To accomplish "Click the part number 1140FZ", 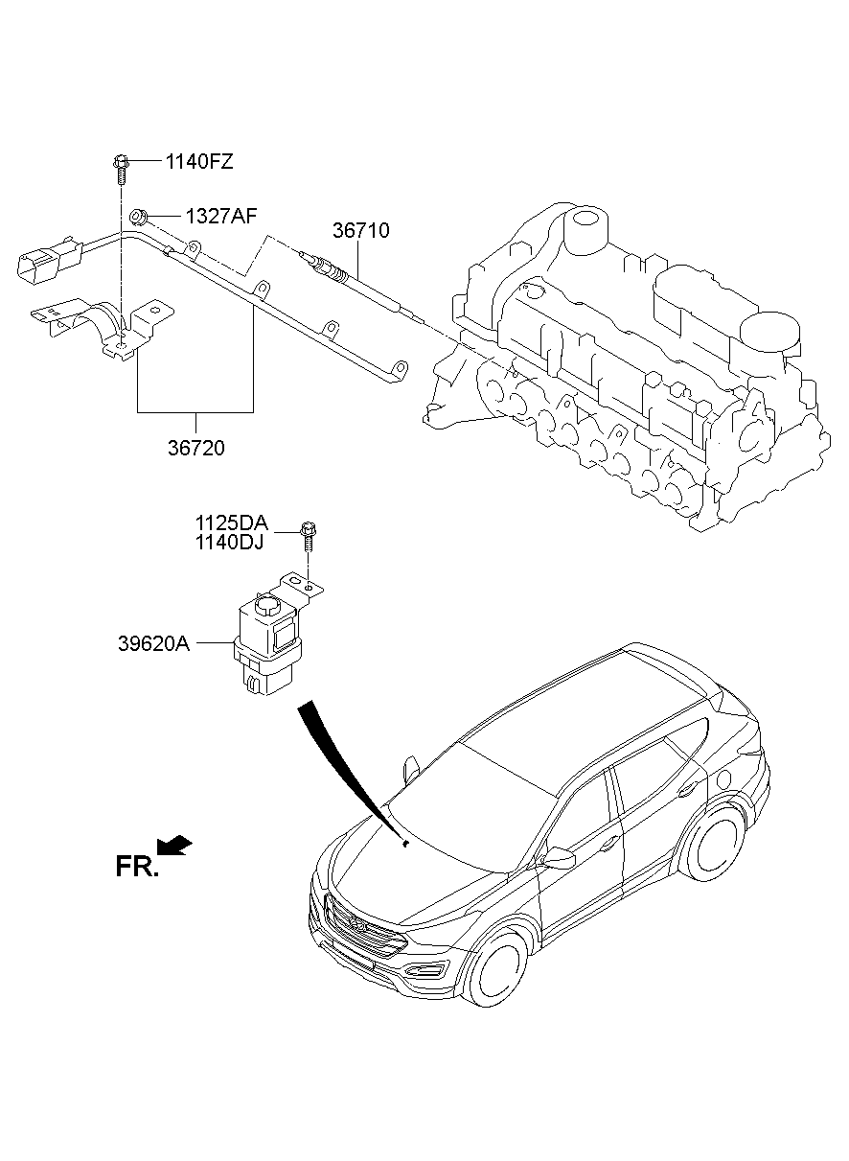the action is coord(199,162).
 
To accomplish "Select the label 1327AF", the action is coord(221,216).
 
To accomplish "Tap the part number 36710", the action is coord(360,230).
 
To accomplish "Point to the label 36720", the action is coord(195,448).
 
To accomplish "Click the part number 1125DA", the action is coord(232,522).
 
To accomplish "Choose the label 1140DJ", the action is coord(229,543).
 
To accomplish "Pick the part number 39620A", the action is coord(154,643).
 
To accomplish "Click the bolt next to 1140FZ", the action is coord(121,171).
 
